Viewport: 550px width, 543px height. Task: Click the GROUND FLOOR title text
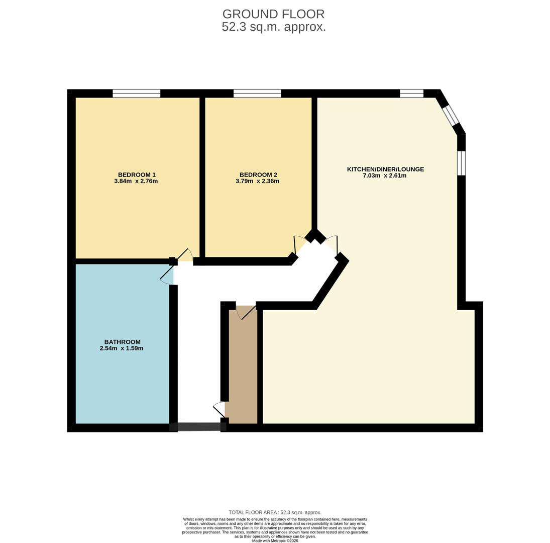pos(273,14)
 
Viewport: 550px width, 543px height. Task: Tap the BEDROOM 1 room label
pos(137,174)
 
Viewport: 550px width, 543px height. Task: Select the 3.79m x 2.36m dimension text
pos(257,181)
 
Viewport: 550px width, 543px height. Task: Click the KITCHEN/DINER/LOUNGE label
pos(385,169)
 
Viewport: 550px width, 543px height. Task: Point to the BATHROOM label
pos(122,342)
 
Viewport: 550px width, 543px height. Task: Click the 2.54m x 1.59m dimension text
pos(122,348)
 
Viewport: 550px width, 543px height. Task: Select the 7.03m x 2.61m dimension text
pos(384,175)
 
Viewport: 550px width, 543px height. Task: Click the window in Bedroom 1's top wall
pos(136,93)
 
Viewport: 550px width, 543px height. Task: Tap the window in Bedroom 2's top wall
pos(257,93)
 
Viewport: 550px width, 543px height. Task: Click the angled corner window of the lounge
pos(451,115)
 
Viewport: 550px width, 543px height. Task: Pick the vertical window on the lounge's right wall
pos(461,163)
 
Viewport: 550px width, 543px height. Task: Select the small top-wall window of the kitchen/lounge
pos(411,93)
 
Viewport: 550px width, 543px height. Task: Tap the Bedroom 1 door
pos(185,255)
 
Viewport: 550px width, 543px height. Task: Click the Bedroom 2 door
pos(300,244)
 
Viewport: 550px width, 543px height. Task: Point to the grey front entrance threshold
pos(199,427)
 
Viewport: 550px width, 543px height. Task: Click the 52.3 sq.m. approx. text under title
pos(273,27)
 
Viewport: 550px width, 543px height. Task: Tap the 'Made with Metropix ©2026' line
pos(275,540)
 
